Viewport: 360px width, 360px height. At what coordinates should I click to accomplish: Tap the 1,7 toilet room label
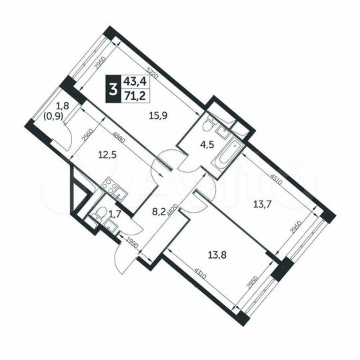coord(115,214)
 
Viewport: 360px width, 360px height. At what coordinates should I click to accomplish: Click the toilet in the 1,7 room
coord(100,215)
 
